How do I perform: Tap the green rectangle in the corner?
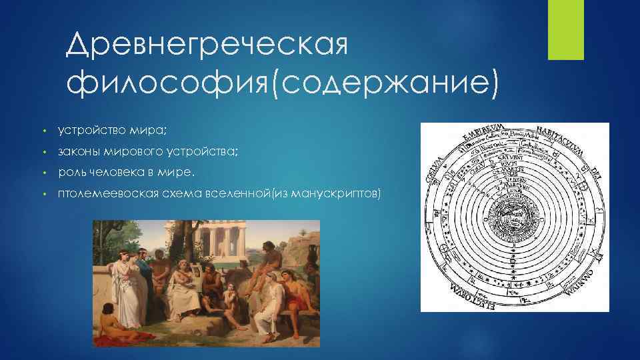coord(565,30)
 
